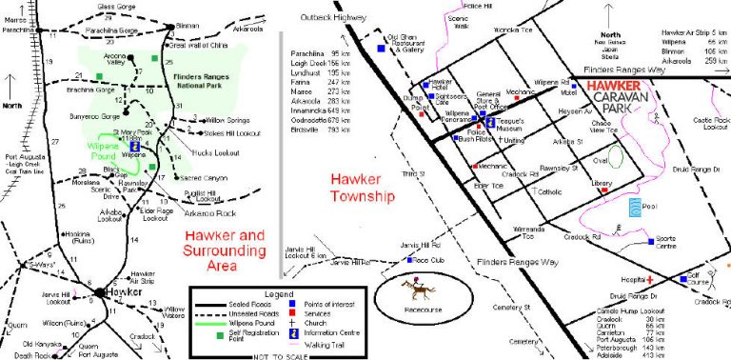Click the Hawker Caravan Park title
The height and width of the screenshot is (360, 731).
pos(621,95)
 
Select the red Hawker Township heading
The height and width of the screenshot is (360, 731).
pos(362,188)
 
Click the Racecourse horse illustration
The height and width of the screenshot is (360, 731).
pos(416,286)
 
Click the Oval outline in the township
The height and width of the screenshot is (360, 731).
pos(616,155)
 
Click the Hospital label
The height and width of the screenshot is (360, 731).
pos(629,281)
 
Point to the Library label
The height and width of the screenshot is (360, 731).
pos(602,183)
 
